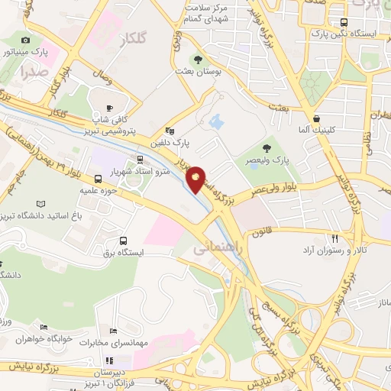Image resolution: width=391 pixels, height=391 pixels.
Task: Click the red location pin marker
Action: (197, 178)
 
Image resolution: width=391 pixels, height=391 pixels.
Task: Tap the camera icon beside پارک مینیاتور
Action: (26, 40)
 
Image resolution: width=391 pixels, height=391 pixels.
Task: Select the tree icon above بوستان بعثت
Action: (199, 59)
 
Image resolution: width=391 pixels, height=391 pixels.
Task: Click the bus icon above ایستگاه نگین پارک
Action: (344, 22)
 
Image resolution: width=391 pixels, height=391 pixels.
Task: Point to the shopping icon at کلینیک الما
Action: (316, 118)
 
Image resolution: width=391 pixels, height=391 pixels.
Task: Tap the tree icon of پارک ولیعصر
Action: (267, 147)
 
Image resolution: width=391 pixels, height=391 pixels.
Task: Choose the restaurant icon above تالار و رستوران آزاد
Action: (334, 238)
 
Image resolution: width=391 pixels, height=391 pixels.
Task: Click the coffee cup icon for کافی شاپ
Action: (111, 108)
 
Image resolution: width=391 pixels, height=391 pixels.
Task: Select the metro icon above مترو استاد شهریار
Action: (140, 159)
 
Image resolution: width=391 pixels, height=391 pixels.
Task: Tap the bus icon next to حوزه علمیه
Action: (98, 179)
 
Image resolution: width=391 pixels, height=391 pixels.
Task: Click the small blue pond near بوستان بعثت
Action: (215, 121)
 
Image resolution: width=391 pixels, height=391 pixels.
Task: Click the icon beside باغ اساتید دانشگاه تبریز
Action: (40, 204)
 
